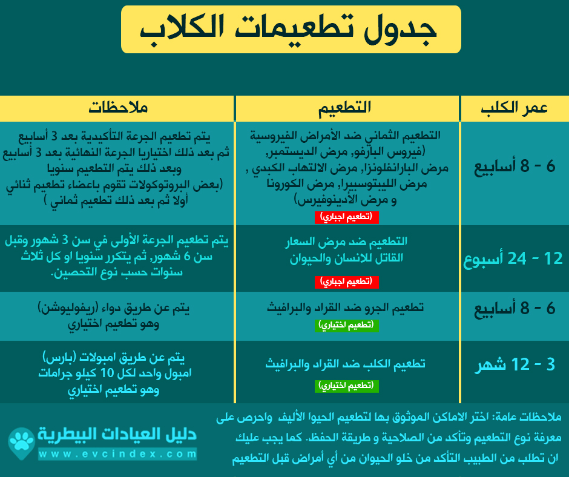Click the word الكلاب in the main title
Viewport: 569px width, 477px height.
[182, 30]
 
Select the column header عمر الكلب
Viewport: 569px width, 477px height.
[514, 108]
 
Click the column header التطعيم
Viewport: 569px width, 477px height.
[345, 108]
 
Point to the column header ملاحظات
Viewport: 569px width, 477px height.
[118, 108]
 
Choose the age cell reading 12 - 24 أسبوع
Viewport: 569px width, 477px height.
[513, 259]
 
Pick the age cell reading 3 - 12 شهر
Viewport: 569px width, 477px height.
[515, 364]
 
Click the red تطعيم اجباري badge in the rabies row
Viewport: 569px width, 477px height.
[347, 281]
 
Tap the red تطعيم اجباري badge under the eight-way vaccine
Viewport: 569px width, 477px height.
[347, 217]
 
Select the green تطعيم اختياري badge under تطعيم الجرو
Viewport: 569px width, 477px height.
[347, 325]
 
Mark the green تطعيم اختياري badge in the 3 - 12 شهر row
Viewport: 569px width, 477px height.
[347, 386]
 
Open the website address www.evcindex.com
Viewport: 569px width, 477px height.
[117, 454]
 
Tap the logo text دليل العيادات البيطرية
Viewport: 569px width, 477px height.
[117, 435]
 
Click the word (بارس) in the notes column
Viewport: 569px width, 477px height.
[59, 357]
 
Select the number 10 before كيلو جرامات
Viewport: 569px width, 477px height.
[107, 373]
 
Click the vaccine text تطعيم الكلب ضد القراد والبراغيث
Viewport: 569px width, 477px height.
[345, 364]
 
